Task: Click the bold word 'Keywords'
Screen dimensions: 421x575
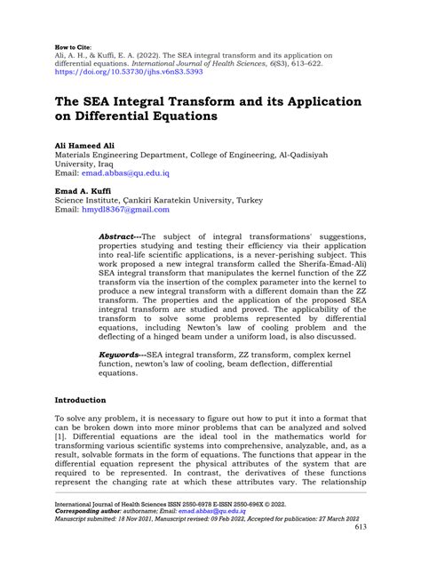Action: point(123,354)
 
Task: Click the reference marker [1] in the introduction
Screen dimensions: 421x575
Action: point(60,438)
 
